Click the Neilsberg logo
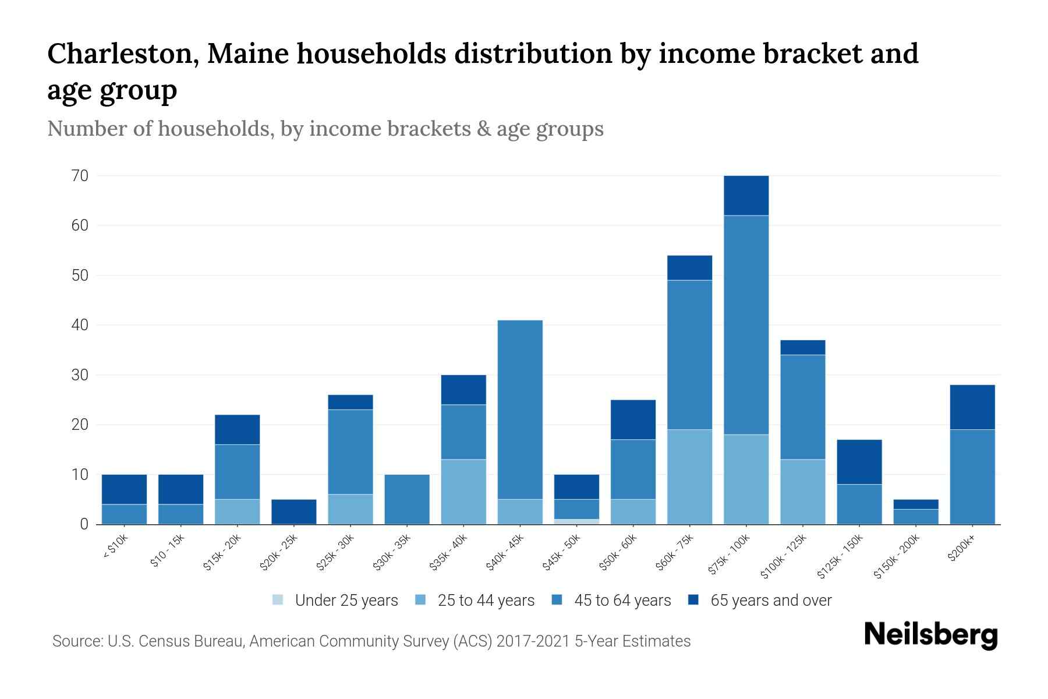(x=930, y=636)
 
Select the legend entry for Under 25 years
(x=336, y=601)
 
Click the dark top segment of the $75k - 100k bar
(x=746, y=196)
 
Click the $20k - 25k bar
(x=294, y=511)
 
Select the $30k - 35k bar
(x=407, y=499)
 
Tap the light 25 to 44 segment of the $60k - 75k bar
(x=689, y=477)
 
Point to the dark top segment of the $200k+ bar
(x=972, y=407)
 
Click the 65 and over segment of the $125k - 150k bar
(x=859, y=462)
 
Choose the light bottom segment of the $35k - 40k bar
(x=463, y=492)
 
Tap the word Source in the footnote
(x=74, y=641)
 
